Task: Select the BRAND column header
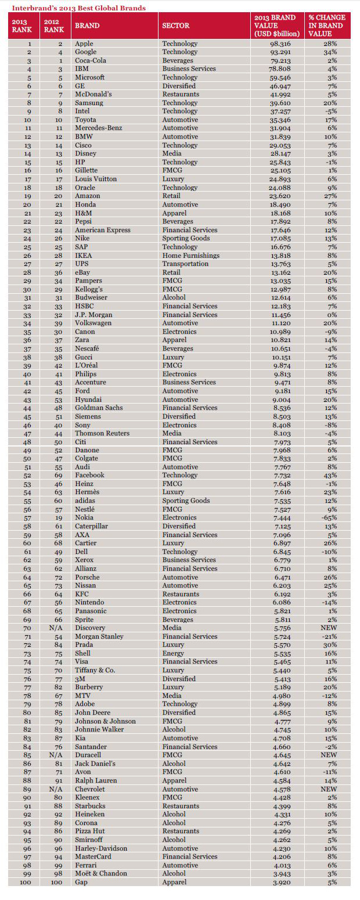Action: tap(87, 26)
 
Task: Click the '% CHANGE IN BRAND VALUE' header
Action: tap(329, 26)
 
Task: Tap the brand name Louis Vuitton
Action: tap(96, 179)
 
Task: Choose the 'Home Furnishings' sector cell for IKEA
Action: tap(190, 255)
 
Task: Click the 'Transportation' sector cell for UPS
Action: tap(185, 264)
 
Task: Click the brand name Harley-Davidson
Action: tap(101, 848)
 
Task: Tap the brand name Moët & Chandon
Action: tap(100, 873)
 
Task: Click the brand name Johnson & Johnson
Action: tap(105, 721)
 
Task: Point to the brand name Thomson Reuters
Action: tap(102, 433)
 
